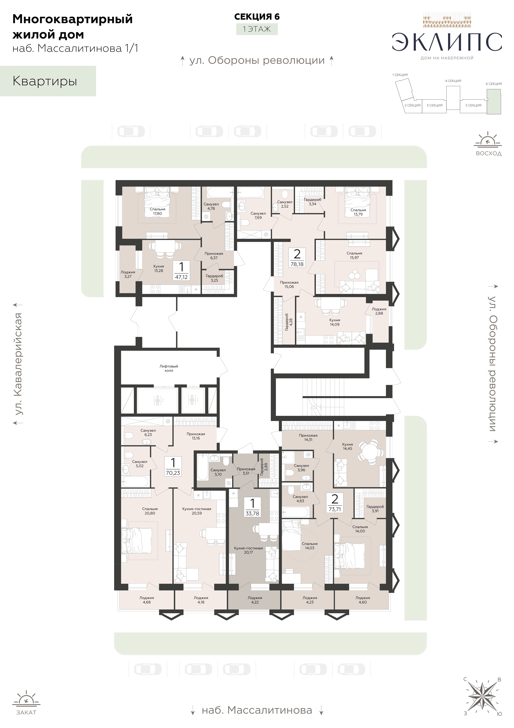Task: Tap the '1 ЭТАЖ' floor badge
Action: [x=257, y=29]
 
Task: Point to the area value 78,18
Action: [x=297, y=264]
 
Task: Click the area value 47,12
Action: [x=181, y=277]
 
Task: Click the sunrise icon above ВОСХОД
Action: [x=488, y=140]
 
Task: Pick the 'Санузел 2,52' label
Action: [x=285, y=204]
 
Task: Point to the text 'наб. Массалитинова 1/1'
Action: [x=75, y=48]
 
